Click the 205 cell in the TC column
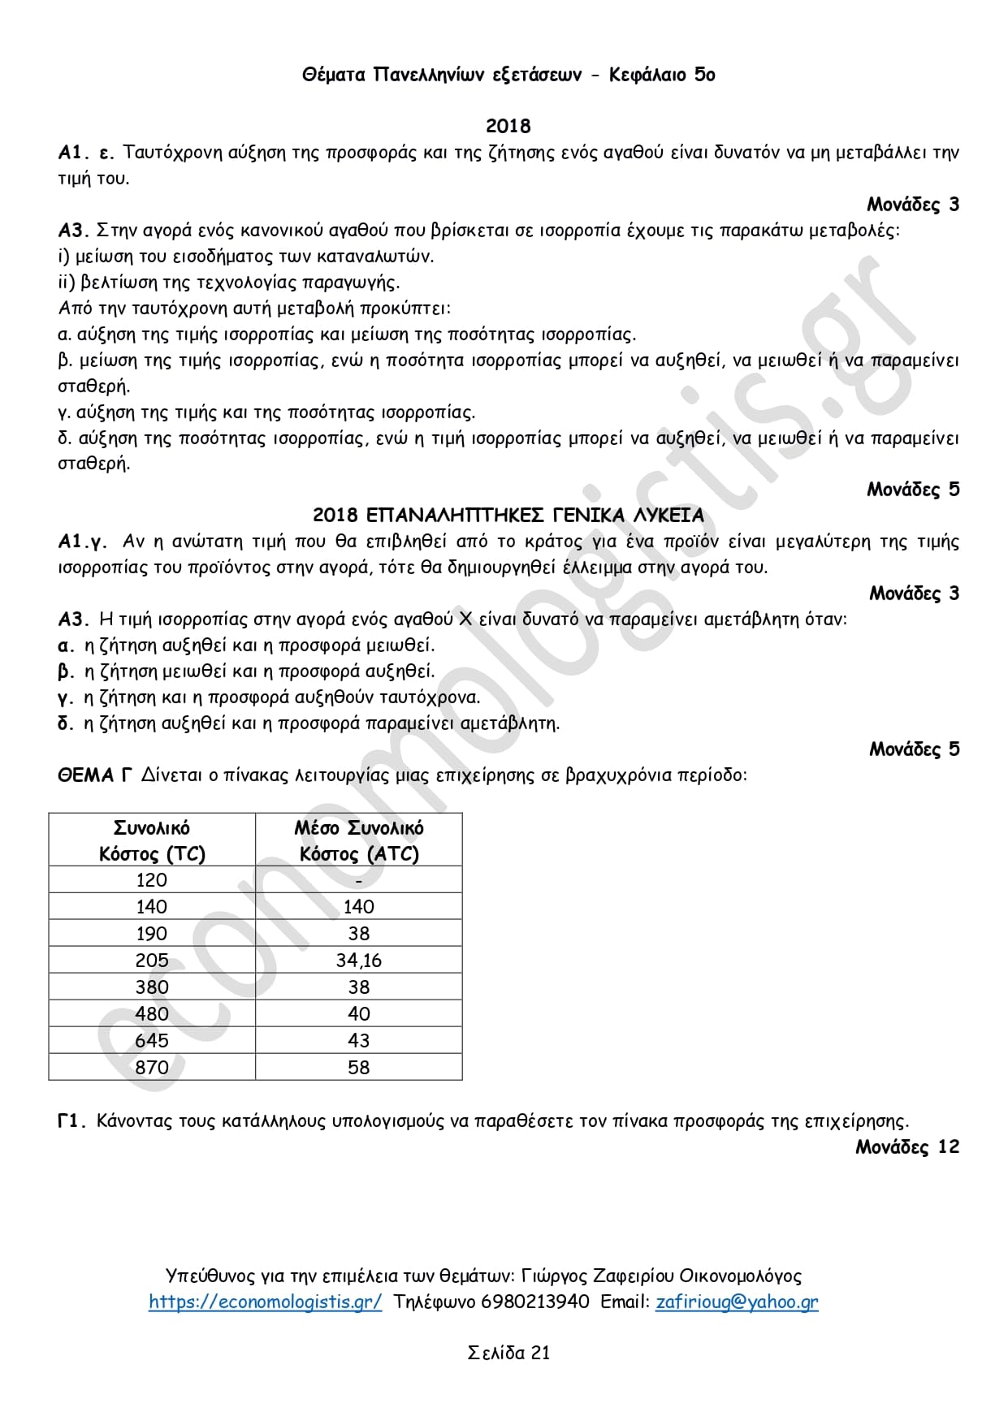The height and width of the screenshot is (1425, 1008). [x=152, y=961]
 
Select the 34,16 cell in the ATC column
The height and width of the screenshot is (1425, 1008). [x=358, y=961]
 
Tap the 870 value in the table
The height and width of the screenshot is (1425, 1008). [x=152, y=1067]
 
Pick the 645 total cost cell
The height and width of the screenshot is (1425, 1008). [x=152, y=1040]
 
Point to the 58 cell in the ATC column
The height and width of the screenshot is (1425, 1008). [x=358, y=1067]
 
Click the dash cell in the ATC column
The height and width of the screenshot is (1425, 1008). [x=358, y=880]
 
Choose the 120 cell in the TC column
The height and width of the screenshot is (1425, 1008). [x=152, y=880]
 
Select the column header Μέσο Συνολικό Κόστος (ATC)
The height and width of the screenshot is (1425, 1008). [x=358, y=840]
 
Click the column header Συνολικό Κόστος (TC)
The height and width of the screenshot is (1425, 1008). [x=152, y=840]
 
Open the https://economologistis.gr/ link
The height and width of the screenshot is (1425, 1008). [x=265, y=1302]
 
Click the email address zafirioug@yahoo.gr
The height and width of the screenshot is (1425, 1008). [x=737, y=1302]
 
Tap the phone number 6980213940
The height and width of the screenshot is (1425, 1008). [x=535, y=1302]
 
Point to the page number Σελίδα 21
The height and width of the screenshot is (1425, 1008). [x=508, y=1353]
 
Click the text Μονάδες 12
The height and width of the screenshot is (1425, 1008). [x=906, y=1146]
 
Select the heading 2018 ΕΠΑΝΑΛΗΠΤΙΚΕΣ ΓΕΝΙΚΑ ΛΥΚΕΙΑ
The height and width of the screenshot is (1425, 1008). [x=508, y=516]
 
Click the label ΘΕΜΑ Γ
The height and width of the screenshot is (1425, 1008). [x=94, y=775]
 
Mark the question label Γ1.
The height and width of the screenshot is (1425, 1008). [x=71, y=1121]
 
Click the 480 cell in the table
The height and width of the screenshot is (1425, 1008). [x=152, y=1014]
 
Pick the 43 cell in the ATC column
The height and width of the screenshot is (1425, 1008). [x=358, y=1040]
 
